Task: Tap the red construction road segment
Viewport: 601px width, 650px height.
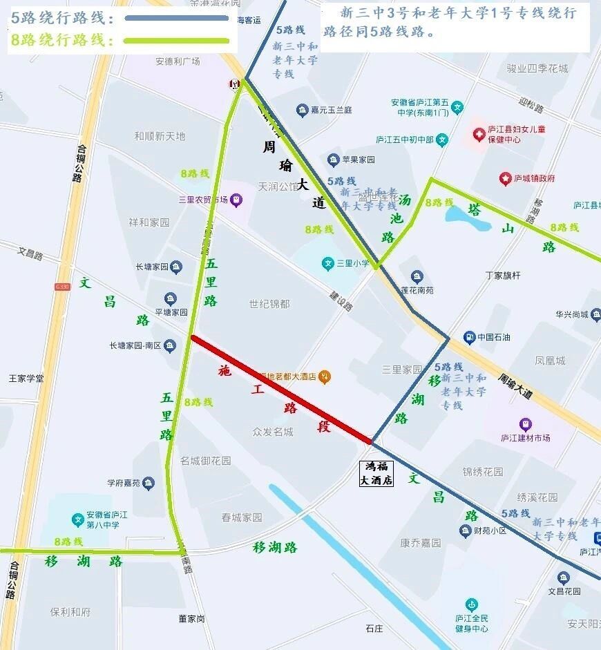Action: pyautogui.click(x=281, y=388)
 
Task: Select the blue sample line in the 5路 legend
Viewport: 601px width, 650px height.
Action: pyautogui.click(x=176, y=19)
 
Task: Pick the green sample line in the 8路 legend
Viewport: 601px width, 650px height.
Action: pyautogui.click(x=176, y=41)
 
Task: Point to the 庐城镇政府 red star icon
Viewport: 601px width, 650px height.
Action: pyautogui.click(x=505, y=178)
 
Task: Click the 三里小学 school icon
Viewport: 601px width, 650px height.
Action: pyautogui.click(x=328, y=263)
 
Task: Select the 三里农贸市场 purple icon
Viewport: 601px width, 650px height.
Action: pyautogui.click(x=237, y=200)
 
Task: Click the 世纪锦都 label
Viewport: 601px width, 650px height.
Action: pyautogui.click(x=269, y=303)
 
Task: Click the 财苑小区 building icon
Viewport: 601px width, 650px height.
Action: pyautogui.click(x=466, y=530)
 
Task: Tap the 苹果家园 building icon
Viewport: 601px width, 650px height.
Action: pyautogui.click(x=334, y=160)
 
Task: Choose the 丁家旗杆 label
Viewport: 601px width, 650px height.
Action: pyautogui.click(x=503, y=275)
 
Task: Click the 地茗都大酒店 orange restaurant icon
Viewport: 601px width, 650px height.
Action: pyautogui.click(x=325, y=376)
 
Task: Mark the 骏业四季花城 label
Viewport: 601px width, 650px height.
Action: pyautogui.click(x=537, y=68)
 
